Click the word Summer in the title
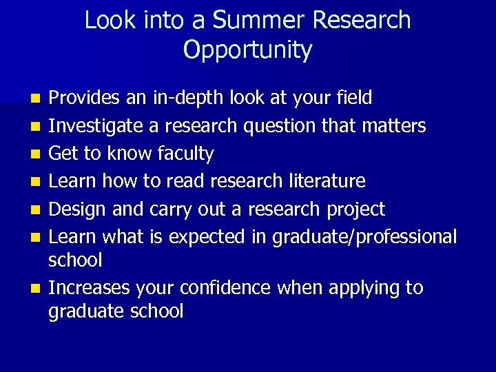pos(259,20)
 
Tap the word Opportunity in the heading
pos(248,50)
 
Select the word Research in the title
pos(362,20)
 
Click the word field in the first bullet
pos(353,98)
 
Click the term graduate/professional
pos(364,237)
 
